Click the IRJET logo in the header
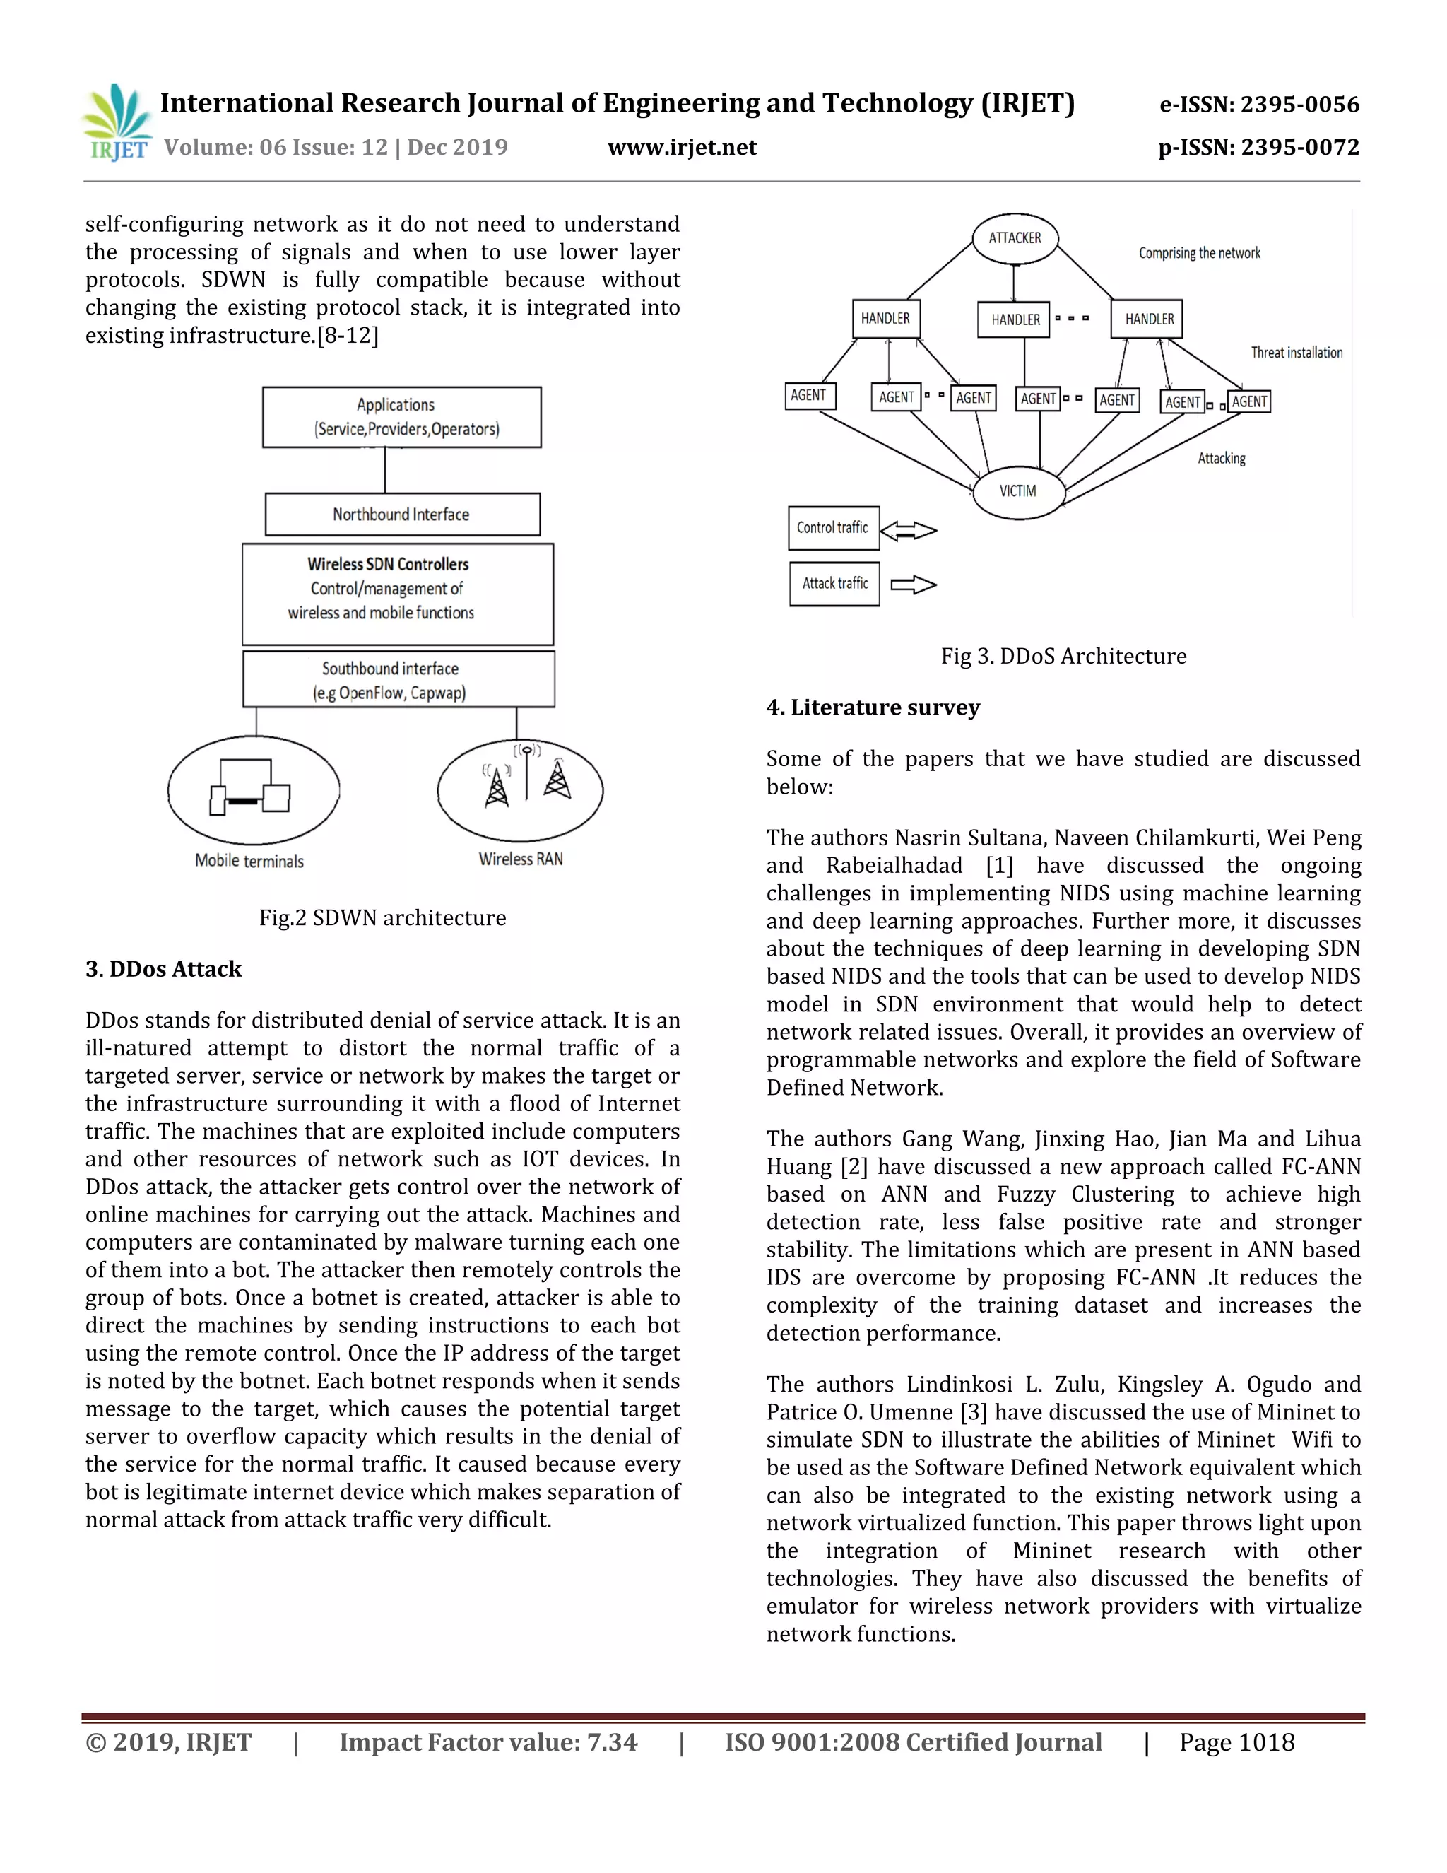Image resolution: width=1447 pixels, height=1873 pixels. click(x=117, y=123)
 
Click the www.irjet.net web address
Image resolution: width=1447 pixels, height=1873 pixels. click(x=682, y=148)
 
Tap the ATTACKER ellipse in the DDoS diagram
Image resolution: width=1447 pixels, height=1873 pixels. click(x=1015, y=237)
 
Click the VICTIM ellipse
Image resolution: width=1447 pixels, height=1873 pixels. click(x=1017, y=491)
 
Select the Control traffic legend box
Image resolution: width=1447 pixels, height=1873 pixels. click(x=832, y=527)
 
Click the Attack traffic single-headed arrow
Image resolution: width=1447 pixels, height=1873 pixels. click(x=914, y=585)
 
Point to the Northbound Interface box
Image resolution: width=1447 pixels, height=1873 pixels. click(x=402, y=515)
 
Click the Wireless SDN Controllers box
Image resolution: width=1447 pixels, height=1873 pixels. click(x=398, y=594)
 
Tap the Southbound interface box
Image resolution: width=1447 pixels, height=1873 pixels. click(x=398, y=679)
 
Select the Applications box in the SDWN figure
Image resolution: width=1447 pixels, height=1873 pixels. click(x=401, y=417)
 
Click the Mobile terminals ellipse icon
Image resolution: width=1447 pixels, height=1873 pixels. click(x=253, y=789)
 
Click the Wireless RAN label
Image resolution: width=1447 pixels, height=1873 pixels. click(x=520, y=859)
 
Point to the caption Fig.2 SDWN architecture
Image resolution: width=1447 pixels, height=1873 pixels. click(x=382, y=917)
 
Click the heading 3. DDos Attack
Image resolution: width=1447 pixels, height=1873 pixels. click(x=164, y=969)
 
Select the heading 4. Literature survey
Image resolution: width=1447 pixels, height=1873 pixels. click(x=873, y=707)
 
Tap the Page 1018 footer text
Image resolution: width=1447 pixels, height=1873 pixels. click(x=1236, y=1742)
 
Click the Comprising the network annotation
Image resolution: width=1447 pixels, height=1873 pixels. click(x=1198, y=253)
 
